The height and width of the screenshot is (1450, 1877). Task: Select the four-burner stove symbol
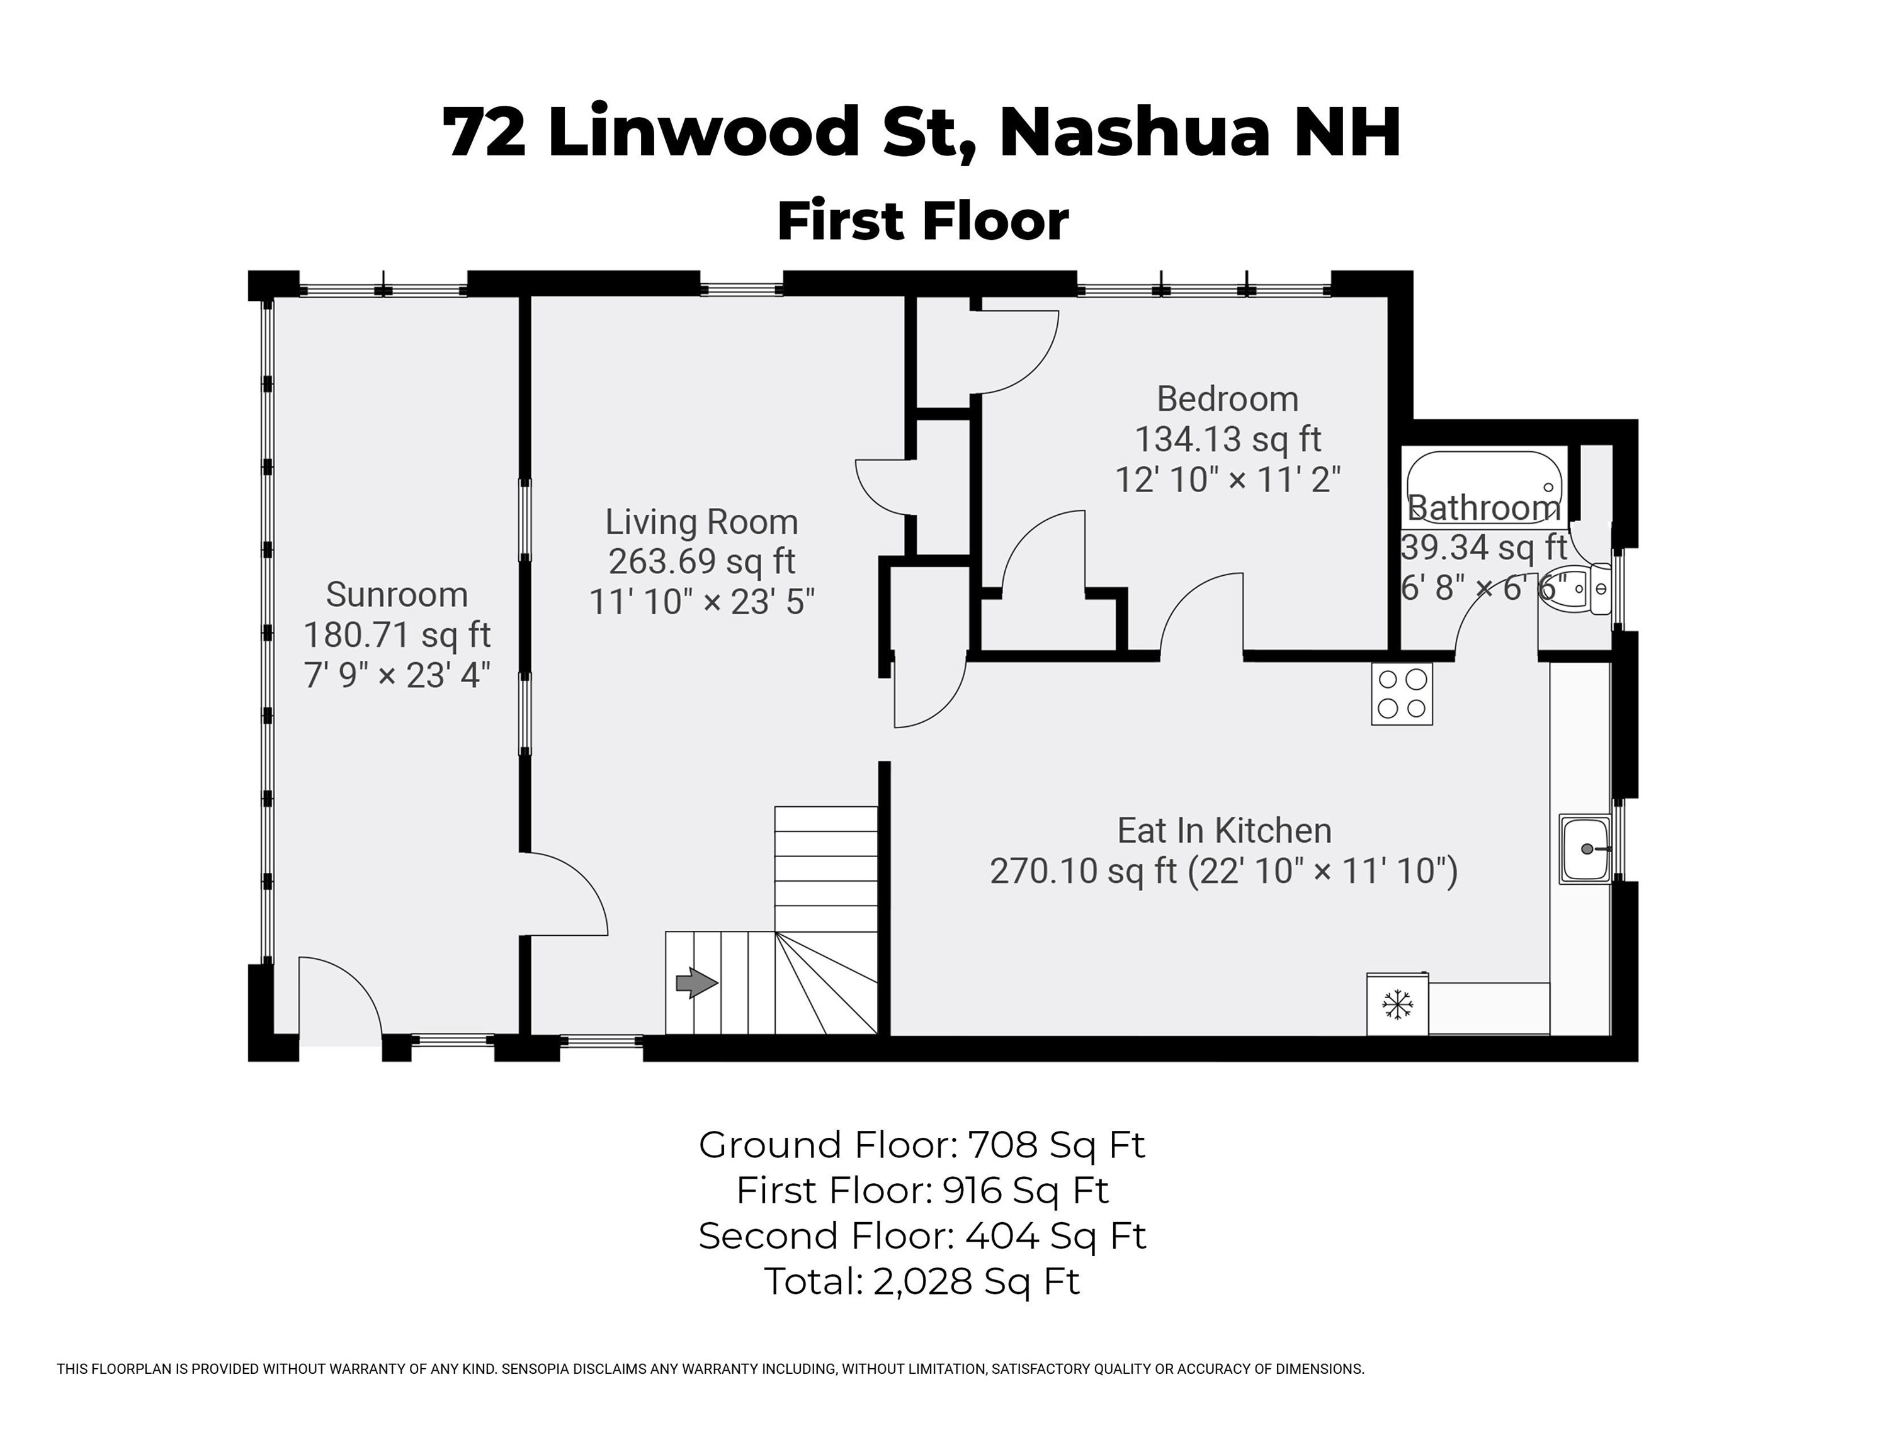pos(1402,694)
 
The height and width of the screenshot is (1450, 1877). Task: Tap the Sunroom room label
pos(397,595)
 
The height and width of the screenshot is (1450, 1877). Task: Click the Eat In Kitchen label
pos(1224,831)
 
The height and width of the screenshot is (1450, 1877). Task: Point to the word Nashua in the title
pos(1133,133)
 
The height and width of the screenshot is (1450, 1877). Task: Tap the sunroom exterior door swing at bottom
pos(339,996)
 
